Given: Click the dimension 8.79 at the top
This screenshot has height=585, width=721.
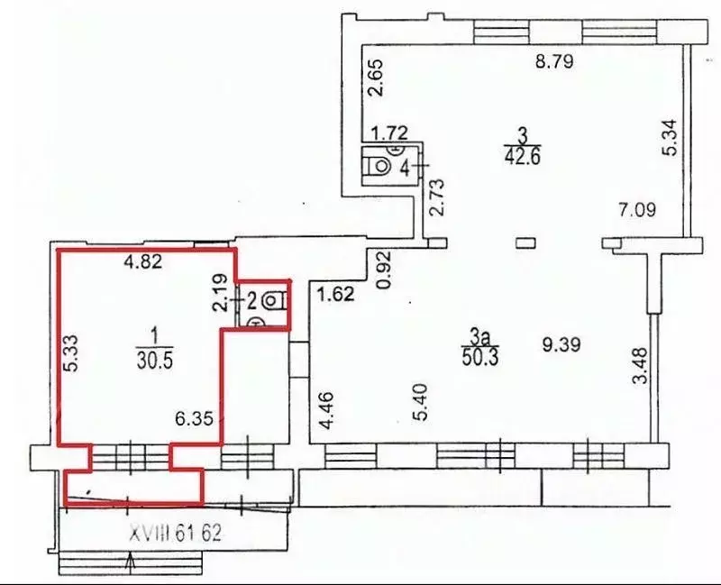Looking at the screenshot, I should tap(554, 63).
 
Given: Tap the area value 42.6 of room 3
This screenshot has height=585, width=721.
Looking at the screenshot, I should tap(522, 156).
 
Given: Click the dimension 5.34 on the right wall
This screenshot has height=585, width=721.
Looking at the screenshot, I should tap(668, 138).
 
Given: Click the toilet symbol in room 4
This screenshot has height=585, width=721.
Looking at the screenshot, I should tap(379, 166).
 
